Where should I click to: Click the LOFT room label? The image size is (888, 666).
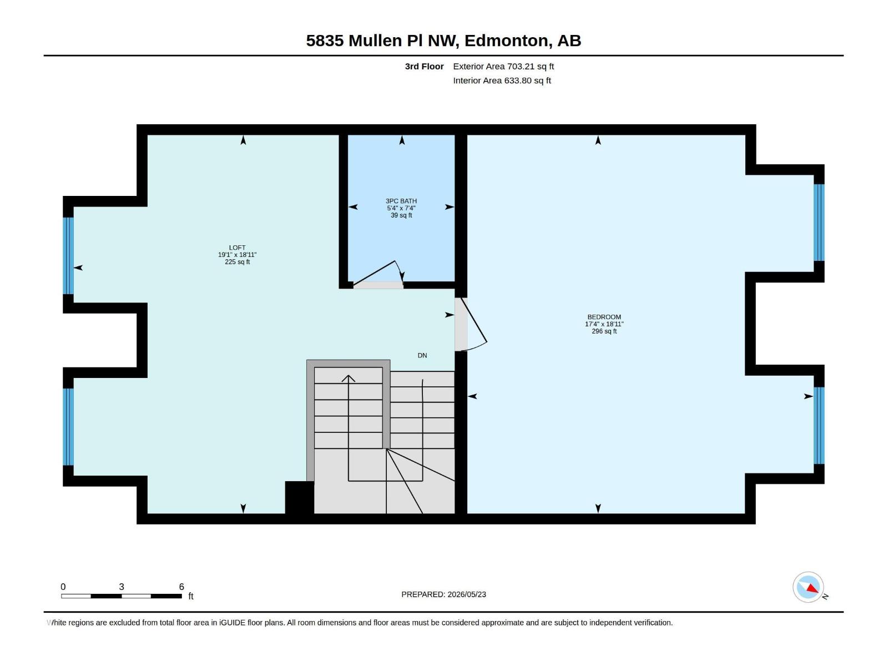pyautogui.click(x=237, y=248)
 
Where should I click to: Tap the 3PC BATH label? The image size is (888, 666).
pyautogui.click(x=401, y=201)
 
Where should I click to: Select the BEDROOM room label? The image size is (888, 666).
pyautogui.click(x=604, y=317)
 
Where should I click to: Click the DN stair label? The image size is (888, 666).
pyautogui.click(x=422, y=355)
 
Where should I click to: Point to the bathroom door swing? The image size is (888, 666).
pyautogui.click(x=379, y=274)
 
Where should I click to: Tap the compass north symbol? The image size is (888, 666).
pyautogui.click(x=808, y=587)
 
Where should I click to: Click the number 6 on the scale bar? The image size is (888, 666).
pyautogui.click(x=181, y=586)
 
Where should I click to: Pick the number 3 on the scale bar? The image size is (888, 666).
pyautogui.click(x=122, y=586)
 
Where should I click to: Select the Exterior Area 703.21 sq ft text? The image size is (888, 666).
pyautogui.click(x=503, y=66)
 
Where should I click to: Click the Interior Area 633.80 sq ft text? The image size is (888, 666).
pyautogui.click(x=502, y=80)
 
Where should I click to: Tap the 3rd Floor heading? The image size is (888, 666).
pyautogui.click(x=424, y=66)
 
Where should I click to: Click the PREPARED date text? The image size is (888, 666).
pyautogui.click(x=443, y=594)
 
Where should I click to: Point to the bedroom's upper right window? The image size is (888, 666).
pyautogui.click(x=819, y=223)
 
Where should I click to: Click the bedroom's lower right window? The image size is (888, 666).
pyautogui.click(x=819, y=425)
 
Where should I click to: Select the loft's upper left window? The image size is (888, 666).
pyautogui.click(x=68, y=255)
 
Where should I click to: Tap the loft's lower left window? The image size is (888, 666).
pyautogui.click(x=68, y=427)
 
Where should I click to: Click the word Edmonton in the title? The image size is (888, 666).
pyautogui.click(x=507, y=41)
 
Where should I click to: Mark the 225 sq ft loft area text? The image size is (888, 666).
pyautogui.click(x=237, y=262)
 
